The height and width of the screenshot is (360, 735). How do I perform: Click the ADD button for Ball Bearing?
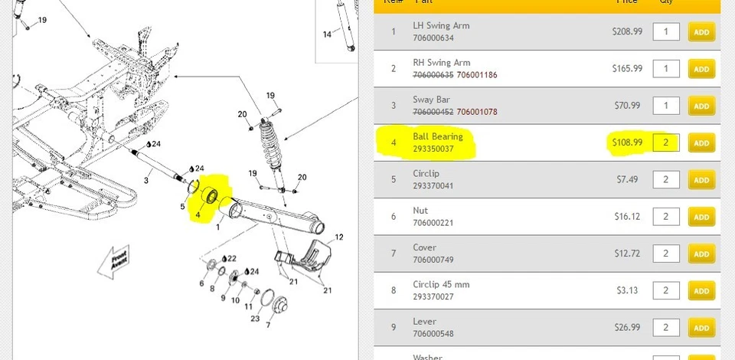coord(701,143)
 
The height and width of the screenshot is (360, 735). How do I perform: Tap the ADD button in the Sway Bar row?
coord(701,106)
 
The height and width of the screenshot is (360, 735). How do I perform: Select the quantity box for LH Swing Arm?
coord(666,31)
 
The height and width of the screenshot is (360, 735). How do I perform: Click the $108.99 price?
coord(627,142)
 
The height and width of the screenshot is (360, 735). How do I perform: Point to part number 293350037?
coord(433,149)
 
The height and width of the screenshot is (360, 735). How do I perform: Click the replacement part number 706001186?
coord(477,75)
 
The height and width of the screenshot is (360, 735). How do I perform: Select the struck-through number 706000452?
coord(433,112)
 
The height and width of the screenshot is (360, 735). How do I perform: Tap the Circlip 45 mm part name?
coord(442,284)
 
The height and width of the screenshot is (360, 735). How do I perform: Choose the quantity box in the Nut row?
coord(666,217)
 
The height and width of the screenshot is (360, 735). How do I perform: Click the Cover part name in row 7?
coord(425,247)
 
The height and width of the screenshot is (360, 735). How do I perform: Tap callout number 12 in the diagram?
coord(339,237)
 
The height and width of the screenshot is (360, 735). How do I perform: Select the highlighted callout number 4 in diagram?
coord(198,215)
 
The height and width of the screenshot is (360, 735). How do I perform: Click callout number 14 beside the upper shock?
coord(327,34)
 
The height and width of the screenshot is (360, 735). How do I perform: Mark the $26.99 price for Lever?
coord(627,327)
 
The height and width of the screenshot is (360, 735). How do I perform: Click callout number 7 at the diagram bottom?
coord(268,324)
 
